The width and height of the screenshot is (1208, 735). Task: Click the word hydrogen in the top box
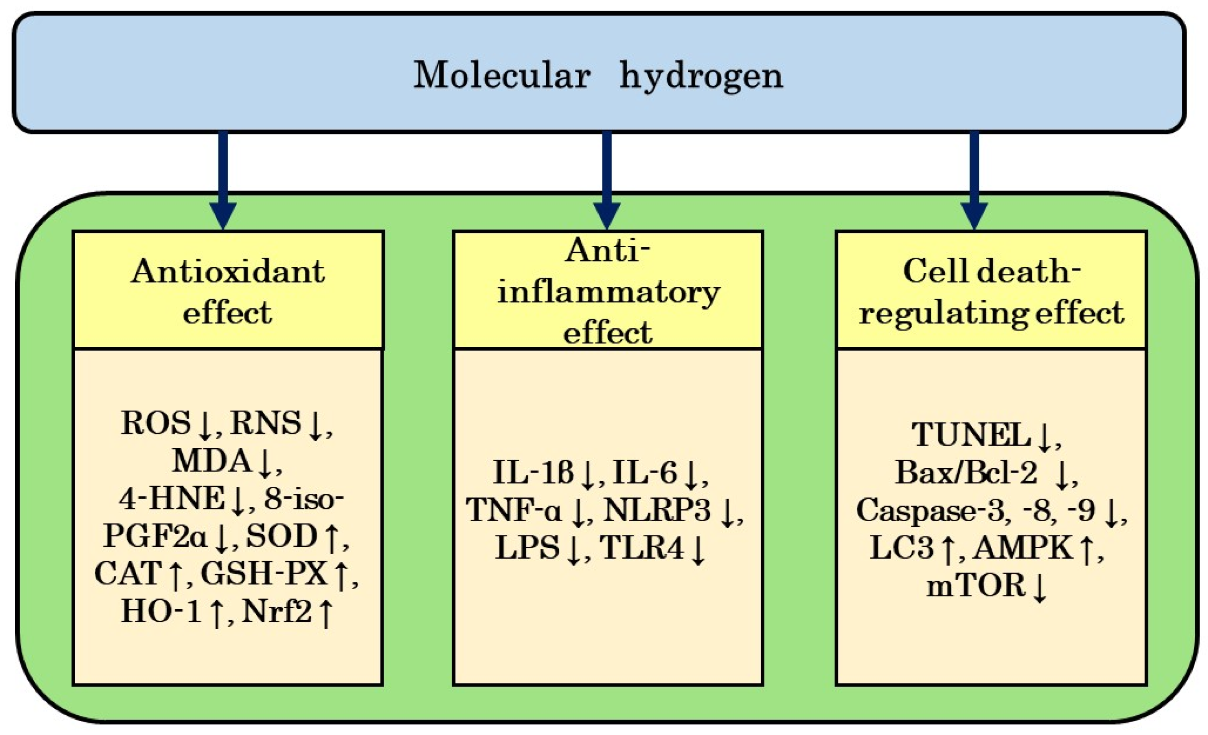point(701,77)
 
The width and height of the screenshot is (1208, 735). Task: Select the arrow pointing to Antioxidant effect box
point(223,181)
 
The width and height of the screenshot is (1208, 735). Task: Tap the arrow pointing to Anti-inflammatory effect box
point(607,181)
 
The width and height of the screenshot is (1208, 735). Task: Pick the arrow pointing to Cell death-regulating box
point(974,181)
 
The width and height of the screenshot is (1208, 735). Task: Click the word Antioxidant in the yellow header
point(228,272)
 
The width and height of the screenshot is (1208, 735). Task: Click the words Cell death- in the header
point(991,271)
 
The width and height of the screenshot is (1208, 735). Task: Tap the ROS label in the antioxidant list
point(155,423)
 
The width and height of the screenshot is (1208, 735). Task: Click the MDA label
point(212,462)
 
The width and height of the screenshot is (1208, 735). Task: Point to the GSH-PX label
point(264,574)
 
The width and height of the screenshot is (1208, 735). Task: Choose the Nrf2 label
point(277,612)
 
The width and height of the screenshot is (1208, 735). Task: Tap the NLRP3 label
point(656,510)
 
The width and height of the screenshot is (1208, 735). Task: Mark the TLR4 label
point(642,548)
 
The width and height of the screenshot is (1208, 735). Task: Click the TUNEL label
point(971,435)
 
